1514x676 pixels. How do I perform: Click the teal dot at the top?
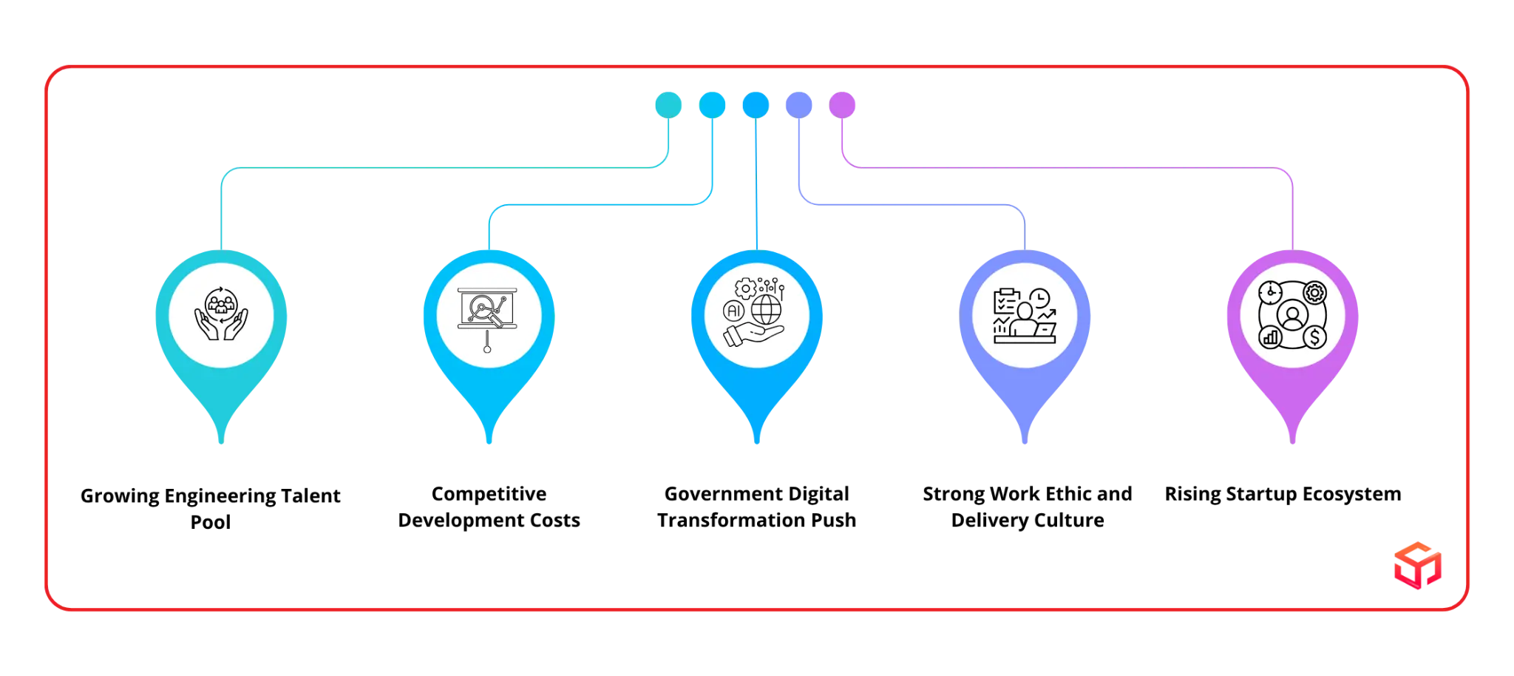668,104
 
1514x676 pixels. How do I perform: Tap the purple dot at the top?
842,104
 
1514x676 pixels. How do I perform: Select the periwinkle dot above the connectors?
798,104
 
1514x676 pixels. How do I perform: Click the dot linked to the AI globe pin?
755,104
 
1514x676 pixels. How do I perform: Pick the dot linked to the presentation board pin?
712,104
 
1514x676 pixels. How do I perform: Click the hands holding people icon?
221,314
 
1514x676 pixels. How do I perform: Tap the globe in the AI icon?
766,309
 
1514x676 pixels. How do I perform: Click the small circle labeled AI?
734,311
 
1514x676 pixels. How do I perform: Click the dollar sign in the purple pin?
1314,338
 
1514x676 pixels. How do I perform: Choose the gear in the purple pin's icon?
1314,293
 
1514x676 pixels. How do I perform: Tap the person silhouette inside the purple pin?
1292,316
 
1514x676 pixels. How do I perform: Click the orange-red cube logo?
1416,566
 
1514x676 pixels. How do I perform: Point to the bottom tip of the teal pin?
221,444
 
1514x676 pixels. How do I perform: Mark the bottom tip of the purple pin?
1292,444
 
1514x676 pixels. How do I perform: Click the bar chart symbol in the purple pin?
1271,338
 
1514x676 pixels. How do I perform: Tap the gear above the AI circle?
746,288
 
